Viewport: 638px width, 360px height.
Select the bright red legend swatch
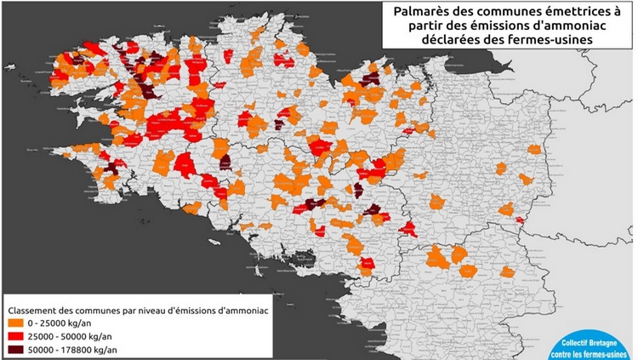click(17, 337)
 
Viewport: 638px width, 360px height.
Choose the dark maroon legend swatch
click(17, 350)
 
